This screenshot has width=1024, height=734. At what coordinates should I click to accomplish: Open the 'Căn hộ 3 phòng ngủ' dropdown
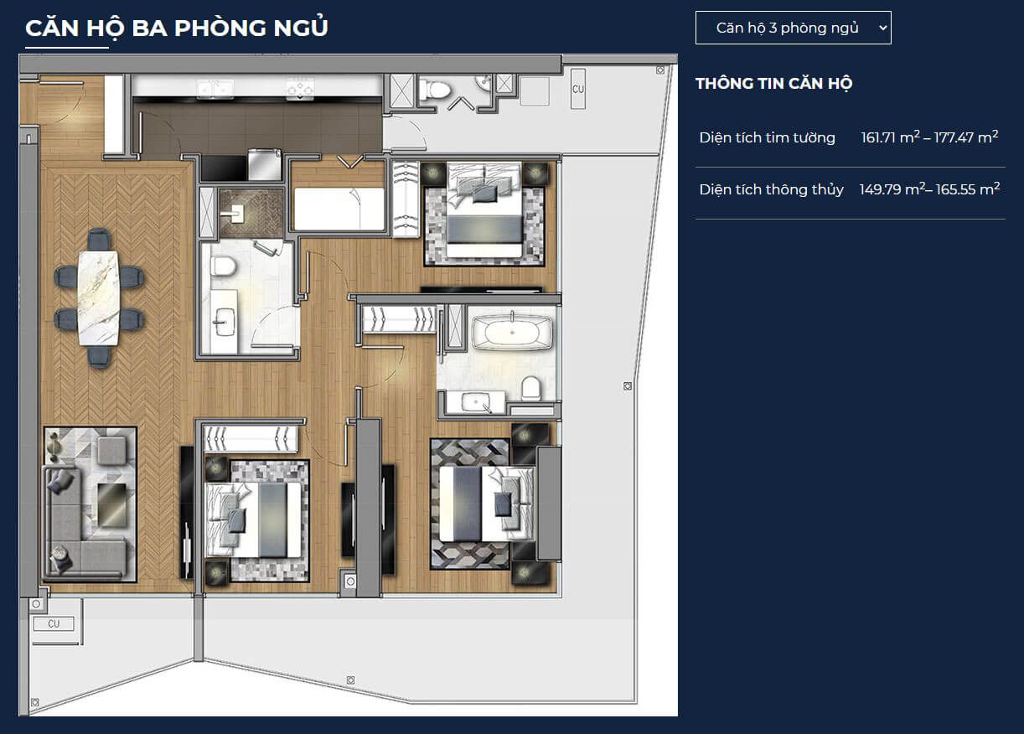click(x=794, y=28)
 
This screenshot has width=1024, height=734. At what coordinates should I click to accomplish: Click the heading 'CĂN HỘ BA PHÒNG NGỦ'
click(x=177, y=28)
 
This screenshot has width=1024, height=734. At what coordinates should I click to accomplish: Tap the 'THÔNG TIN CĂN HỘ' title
click(x=774, y=84)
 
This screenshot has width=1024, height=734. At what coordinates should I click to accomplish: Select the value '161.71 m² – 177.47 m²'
click(x=929, y=137)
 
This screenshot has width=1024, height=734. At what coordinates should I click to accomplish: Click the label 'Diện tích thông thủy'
click(x=771, y=189)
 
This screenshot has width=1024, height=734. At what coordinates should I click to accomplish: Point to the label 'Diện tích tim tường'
click(x=767, y=137)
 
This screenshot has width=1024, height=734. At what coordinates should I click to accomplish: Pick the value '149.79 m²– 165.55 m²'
click(x=929, y=189)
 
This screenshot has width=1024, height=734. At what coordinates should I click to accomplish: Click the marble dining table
click(x=99, y=297)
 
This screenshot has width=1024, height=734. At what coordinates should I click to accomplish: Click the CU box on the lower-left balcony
click(x=54, y=624)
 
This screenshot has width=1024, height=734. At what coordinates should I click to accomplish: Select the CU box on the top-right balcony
click(x=578, y=89)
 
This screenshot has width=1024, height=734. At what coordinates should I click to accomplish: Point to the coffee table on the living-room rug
click(x=112, y=504)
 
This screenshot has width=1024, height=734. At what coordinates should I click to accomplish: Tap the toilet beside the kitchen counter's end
click(x=435, y=89)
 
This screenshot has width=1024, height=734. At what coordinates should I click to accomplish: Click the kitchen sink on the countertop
click(x=215, y=89)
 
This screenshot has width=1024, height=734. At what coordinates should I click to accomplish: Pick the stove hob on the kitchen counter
click(x=300, y=88)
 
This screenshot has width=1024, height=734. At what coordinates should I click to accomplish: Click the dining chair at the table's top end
click(x=99, y=239)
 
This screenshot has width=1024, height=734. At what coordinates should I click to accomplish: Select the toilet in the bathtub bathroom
click(x=531, y=389)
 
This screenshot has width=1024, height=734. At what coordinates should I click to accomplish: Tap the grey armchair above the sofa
click(x=111, y=449)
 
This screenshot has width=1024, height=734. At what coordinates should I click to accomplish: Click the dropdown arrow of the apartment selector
click(x=882, y=28)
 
